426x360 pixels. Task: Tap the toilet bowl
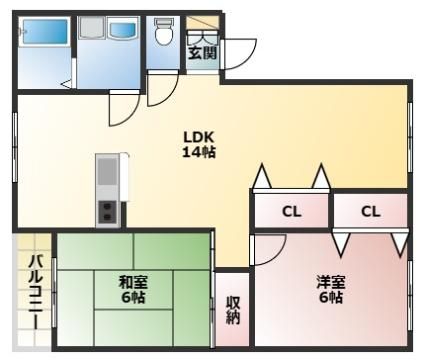tap(163, 36)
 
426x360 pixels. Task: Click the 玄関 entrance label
tap(200, 53)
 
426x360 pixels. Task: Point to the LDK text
tap(197, 137)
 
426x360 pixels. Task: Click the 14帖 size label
tap(197, 153)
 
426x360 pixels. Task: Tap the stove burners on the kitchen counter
tap(107, 211)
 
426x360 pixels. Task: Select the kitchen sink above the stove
tap(107, 175)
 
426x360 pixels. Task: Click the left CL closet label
tap(290, 211)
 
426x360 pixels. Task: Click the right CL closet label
tap(370, 211)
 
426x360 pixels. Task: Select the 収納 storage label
tap(232, 309)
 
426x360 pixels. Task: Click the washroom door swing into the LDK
tap(124, 102)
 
